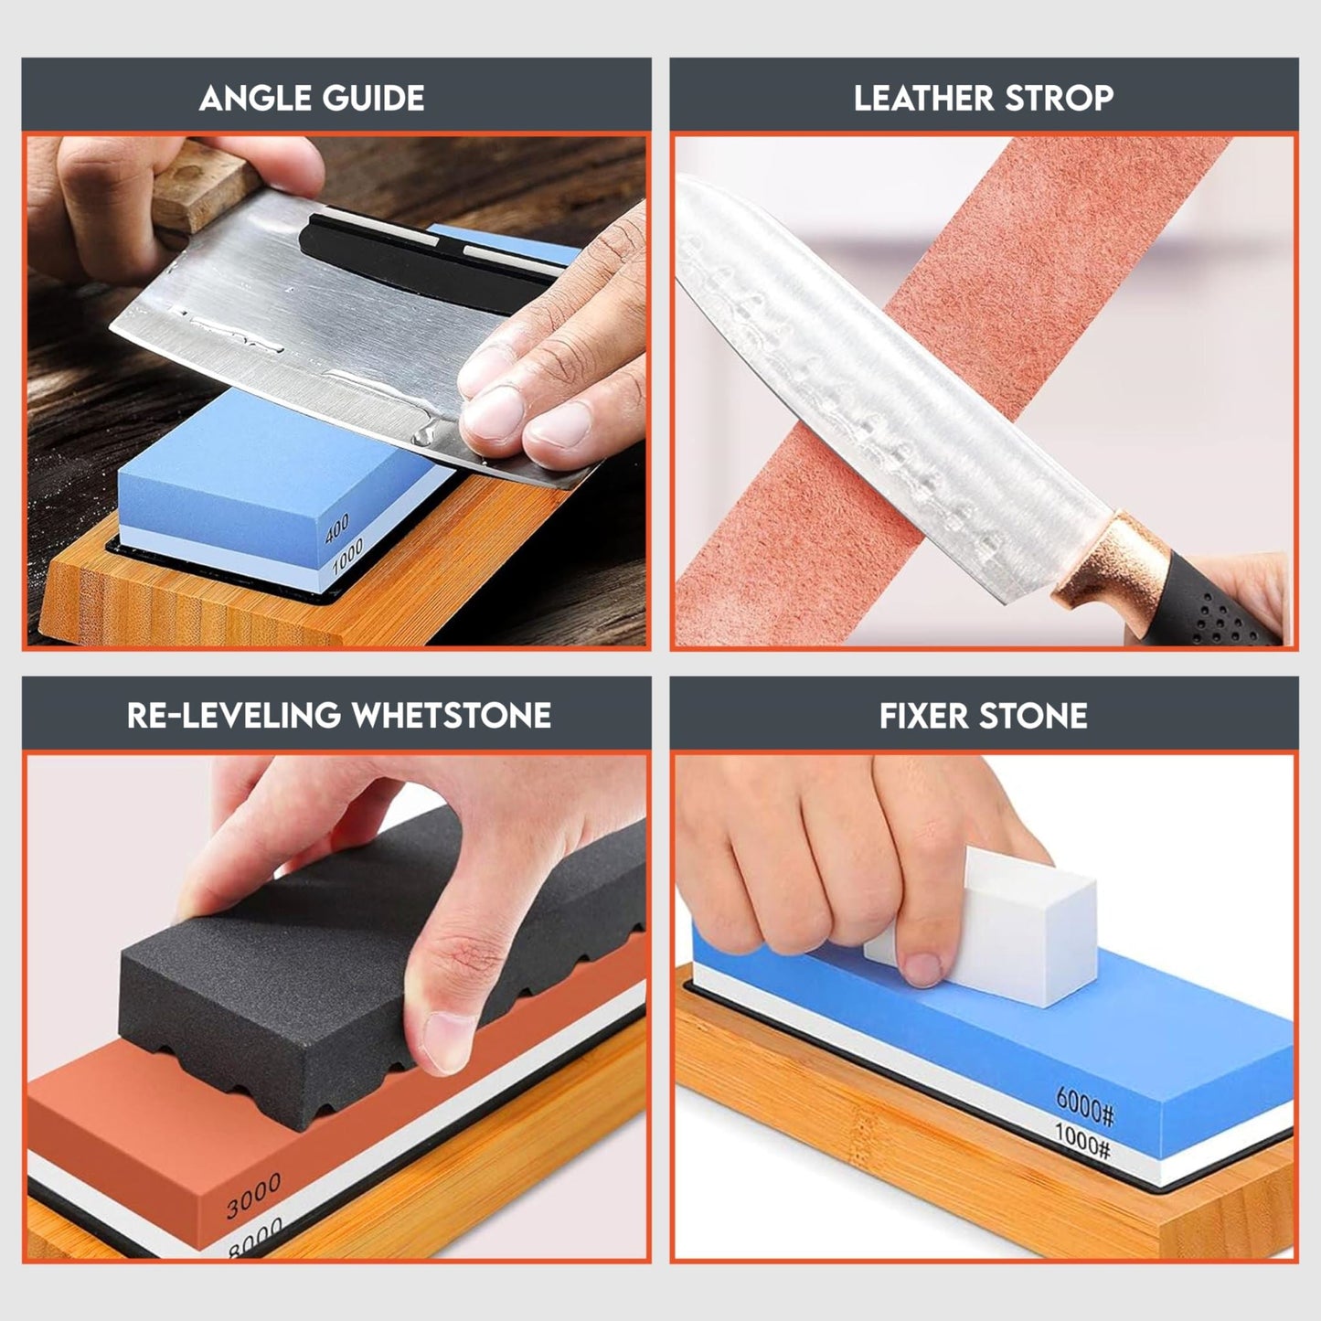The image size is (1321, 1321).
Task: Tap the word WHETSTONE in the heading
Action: (451, 715)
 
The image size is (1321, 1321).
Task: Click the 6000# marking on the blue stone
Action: (1085, 1107)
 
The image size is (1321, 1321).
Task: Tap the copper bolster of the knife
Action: (1111, 562)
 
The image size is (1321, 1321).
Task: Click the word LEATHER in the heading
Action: (934, 99)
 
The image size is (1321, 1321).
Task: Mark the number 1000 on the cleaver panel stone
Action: (347, 555)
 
